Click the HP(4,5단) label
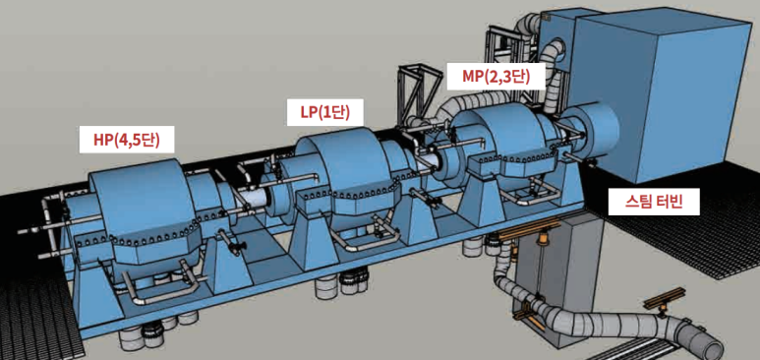click(127, 140)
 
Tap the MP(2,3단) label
click(496, 76)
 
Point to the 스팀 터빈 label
click(654, 202)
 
